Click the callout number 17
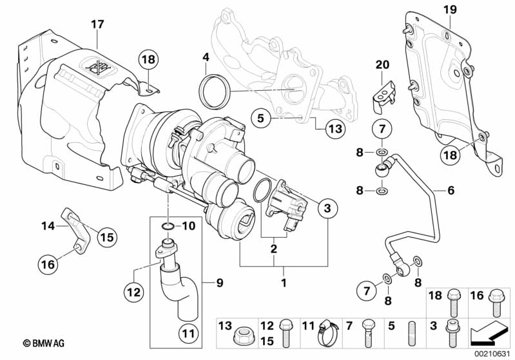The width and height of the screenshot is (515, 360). tap(97, 24)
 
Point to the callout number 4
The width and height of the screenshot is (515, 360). tap(206, 57)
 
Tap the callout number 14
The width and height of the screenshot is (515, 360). tap(47, 225)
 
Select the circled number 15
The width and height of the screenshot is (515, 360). tap(107, 237)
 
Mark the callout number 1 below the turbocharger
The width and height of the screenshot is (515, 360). tap(281, 281)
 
